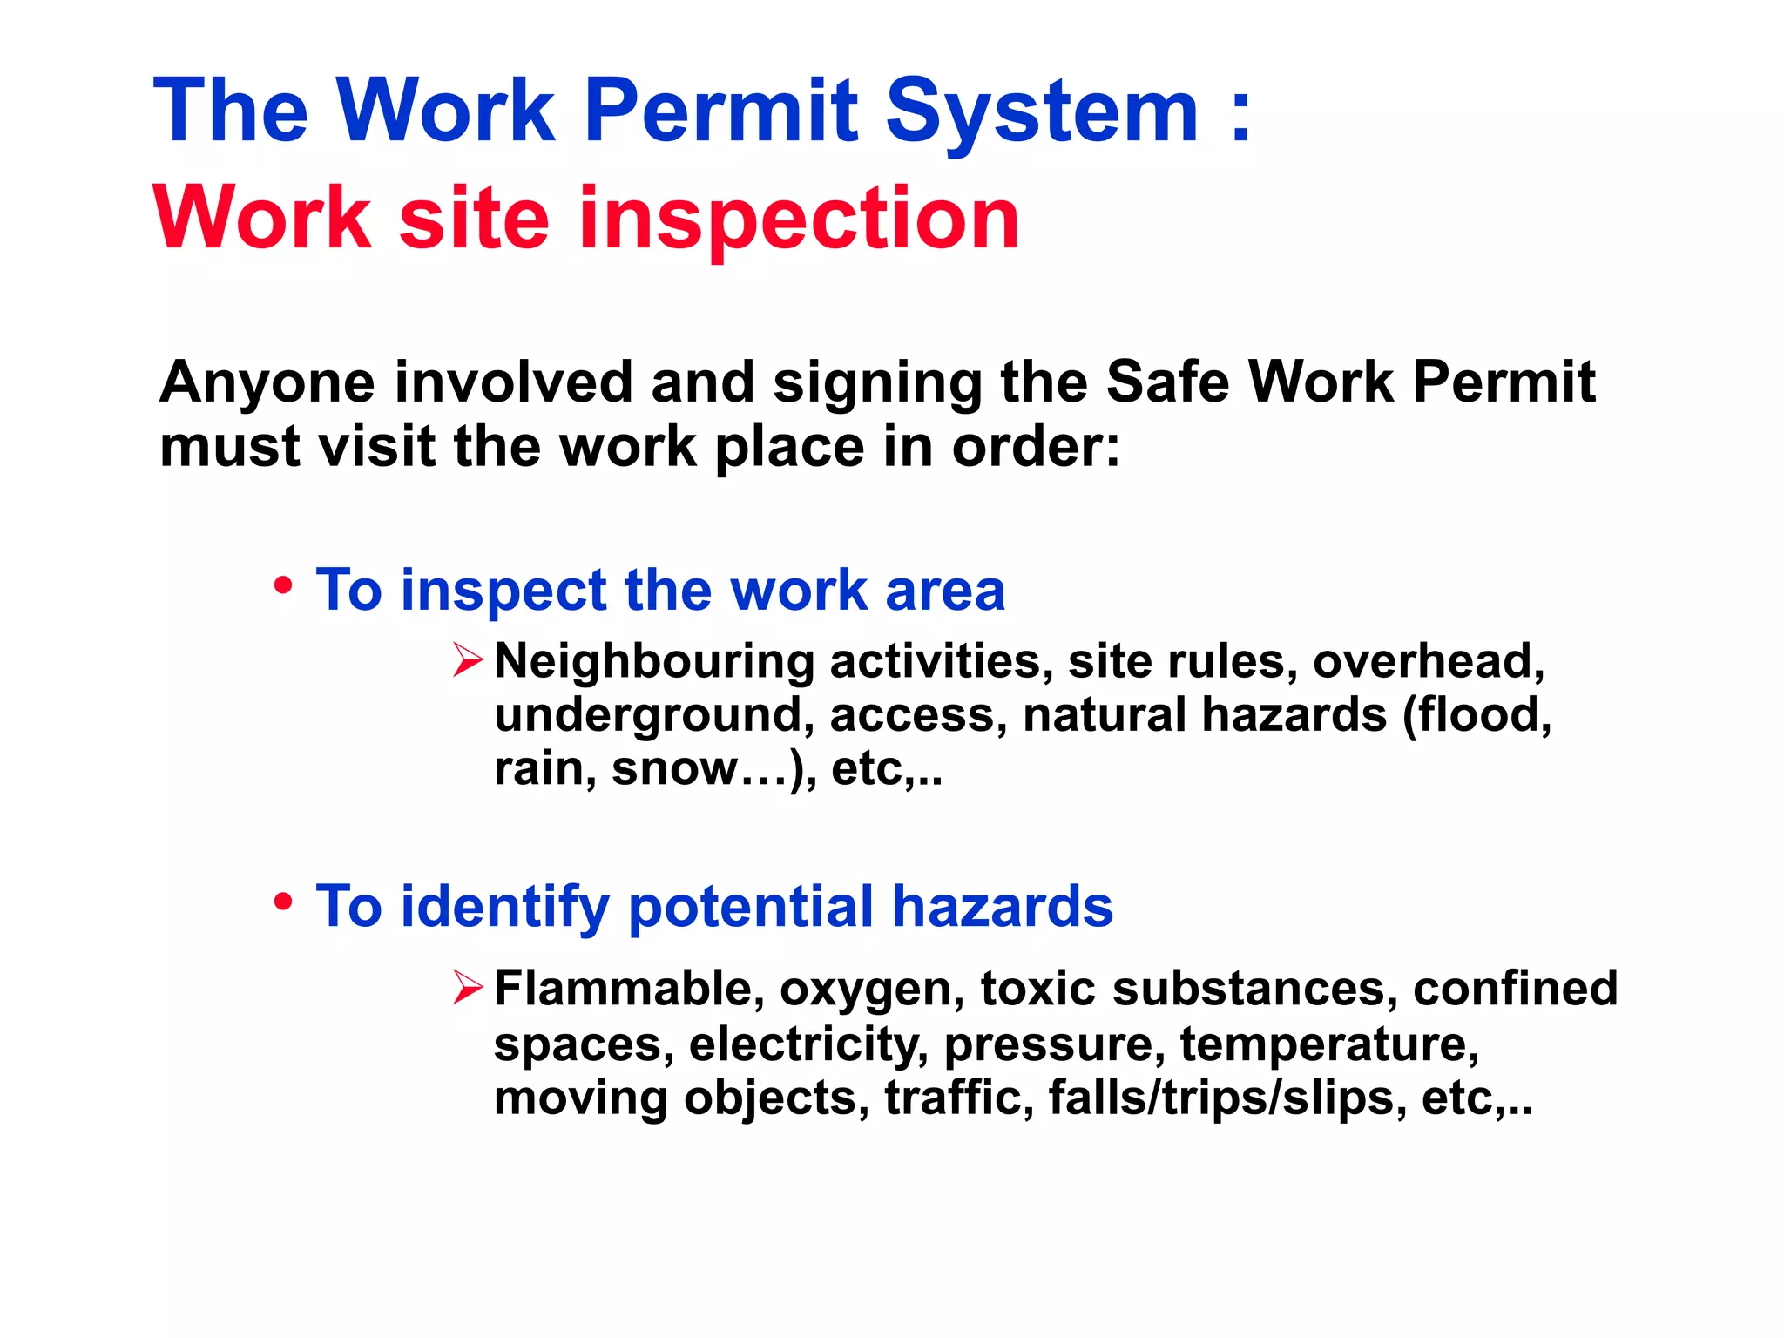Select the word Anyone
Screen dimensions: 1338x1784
click(267, 383)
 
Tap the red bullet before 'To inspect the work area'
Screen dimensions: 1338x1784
click(282, 585)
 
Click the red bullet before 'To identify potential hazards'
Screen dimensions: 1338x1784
click(282, 902)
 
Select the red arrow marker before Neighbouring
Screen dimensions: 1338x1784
click(468, 659)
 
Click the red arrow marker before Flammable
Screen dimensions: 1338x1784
click(468, 988)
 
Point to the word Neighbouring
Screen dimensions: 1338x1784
click(654, 662)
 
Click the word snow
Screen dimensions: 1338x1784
click(674, 768)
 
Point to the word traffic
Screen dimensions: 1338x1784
click(958, 1098)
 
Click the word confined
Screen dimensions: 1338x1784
click(1515, 989)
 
